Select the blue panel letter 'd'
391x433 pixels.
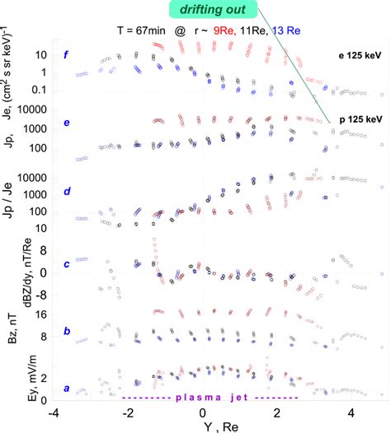66,192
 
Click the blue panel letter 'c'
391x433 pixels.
66,263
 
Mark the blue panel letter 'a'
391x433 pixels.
66,389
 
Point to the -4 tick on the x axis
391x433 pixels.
54,412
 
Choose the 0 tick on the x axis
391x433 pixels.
203,412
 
